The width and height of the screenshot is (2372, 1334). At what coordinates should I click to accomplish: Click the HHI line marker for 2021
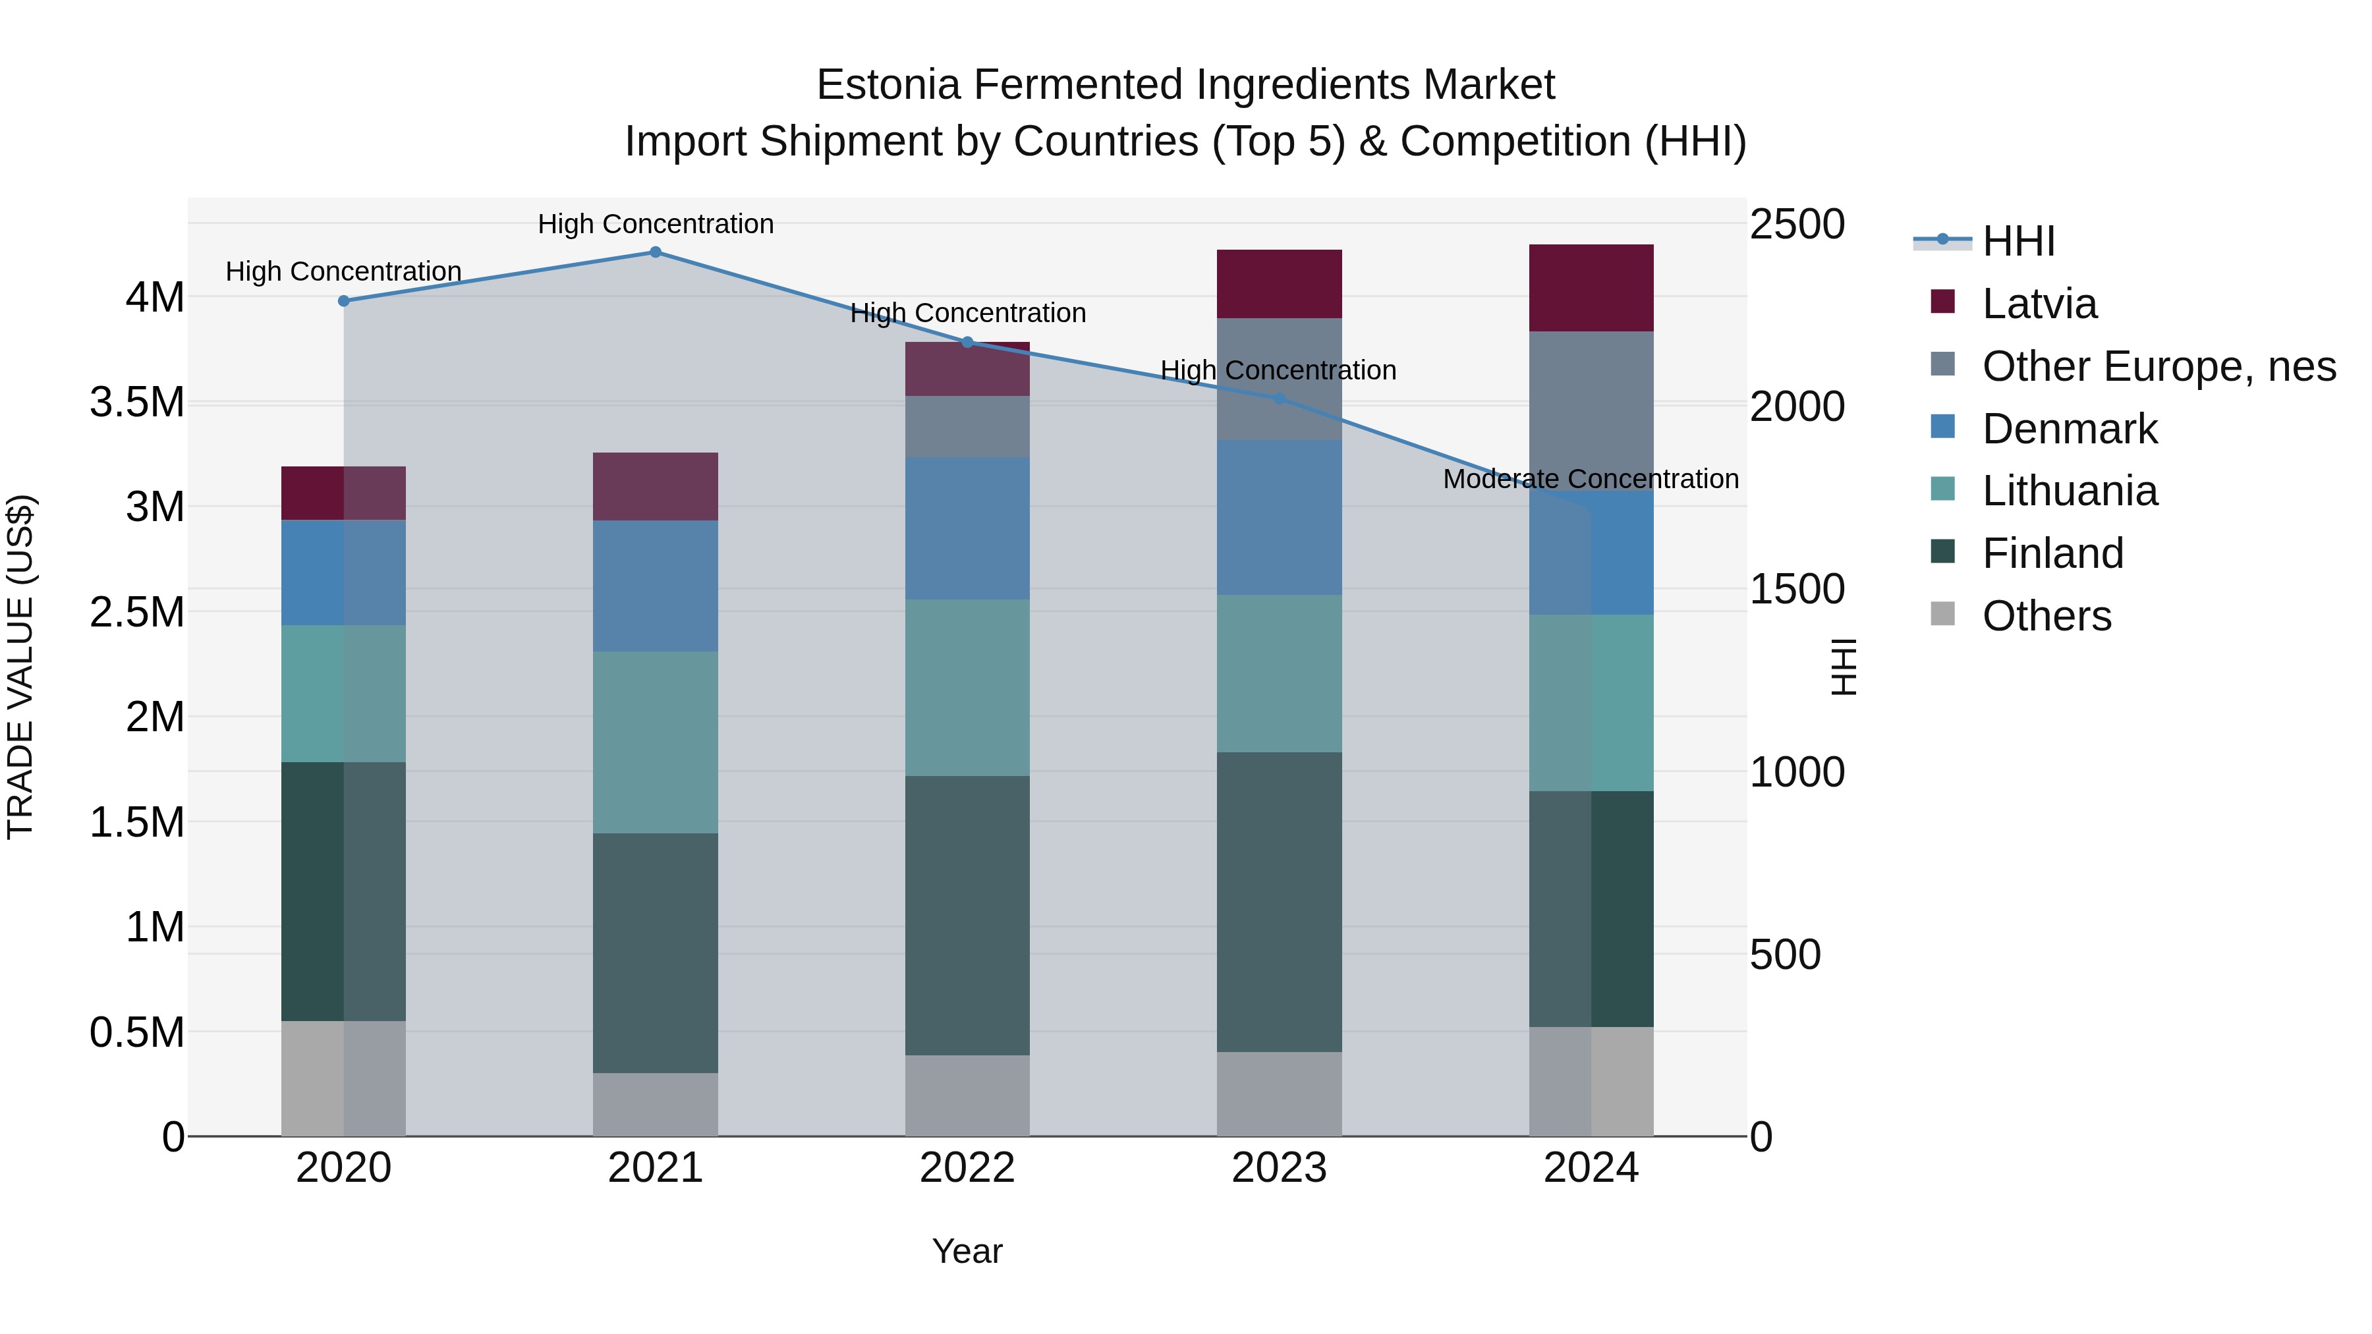coord(656,252)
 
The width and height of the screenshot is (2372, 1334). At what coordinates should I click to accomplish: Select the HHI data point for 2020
coord(343,301)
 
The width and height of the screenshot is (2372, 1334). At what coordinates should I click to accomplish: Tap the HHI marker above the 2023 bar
coord(1279,399)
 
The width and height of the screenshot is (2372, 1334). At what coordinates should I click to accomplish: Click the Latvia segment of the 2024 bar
coord(1591,288)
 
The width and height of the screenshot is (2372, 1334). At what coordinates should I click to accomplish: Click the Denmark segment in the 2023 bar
coord(1279,517)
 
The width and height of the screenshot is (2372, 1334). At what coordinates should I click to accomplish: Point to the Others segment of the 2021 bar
coord(656,1104)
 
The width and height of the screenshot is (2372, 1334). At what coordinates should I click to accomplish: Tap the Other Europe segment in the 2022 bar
coord(967,426)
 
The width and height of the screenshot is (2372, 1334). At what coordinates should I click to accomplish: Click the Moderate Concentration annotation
coord(1591,479)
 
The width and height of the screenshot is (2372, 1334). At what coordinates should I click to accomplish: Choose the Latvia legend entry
coord(2039,304)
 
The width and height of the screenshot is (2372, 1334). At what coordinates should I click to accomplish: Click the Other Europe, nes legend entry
coord(2159,366)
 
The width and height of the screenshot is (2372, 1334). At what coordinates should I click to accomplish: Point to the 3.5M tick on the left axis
coord(137,403)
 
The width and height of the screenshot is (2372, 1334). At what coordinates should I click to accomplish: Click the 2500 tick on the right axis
coord(1797,225)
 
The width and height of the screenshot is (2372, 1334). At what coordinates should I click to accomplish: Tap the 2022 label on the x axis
coord(967,1168)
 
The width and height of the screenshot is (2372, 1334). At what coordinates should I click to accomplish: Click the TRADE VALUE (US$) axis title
coord(20,667)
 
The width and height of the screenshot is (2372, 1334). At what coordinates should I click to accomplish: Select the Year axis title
coord(967,1251)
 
